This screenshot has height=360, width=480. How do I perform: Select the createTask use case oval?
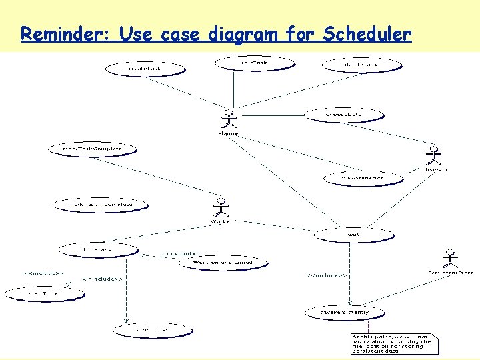pos(145,68)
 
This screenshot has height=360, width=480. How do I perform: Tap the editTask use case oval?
pos(254,63)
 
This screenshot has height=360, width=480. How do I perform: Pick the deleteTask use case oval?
pos(362,65)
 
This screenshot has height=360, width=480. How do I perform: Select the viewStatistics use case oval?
pos(363,178)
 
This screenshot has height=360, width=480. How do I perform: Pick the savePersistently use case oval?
pos(344,312)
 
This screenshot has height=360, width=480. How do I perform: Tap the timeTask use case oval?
pos(98,249)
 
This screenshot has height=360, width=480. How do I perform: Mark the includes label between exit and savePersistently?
pos(326,275)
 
